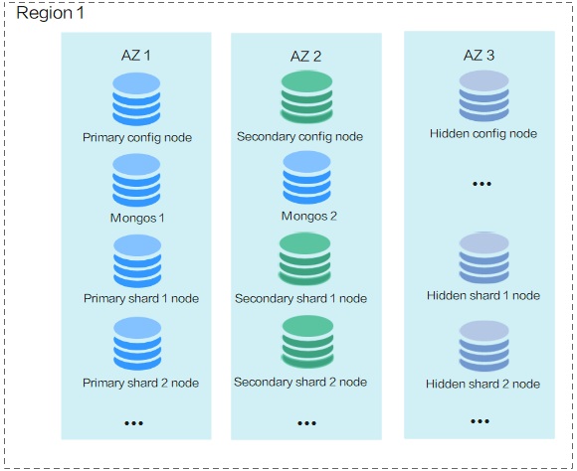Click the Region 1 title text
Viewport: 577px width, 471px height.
[50, 13]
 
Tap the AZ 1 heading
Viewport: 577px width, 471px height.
[135, 56]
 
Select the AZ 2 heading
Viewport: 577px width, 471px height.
[305, 57]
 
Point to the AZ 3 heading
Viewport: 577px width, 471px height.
[479, 56]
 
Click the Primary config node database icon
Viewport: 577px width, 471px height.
[136, 99]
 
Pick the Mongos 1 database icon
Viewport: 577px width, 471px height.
[136, 180]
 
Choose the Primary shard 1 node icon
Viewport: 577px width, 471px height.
[137, 261]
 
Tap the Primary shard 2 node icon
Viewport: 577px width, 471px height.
[137, 344]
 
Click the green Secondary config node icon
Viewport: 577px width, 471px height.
[306, 97]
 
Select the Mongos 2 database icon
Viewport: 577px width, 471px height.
[306, 177]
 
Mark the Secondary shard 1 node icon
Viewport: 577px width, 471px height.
[304, 259]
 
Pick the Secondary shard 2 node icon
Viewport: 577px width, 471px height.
[307, 342]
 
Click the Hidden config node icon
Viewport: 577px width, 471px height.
[483, 96]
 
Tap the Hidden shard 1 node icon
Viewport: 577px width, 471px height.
[483, 258]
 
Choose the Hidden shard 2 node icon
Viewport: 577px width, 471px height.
[483, 347]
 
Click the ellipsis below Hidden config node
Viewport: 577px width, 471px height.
[481, 184]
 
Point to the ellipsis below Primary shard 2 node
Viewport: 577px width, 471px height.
[133, 423]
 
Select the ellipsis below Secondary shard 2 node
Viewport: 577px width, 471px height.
[306, 423]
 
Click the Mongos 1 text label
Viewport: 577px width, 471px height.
[137, 218]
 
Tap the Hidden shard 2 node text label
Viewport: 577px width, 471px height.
[482, 384]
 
